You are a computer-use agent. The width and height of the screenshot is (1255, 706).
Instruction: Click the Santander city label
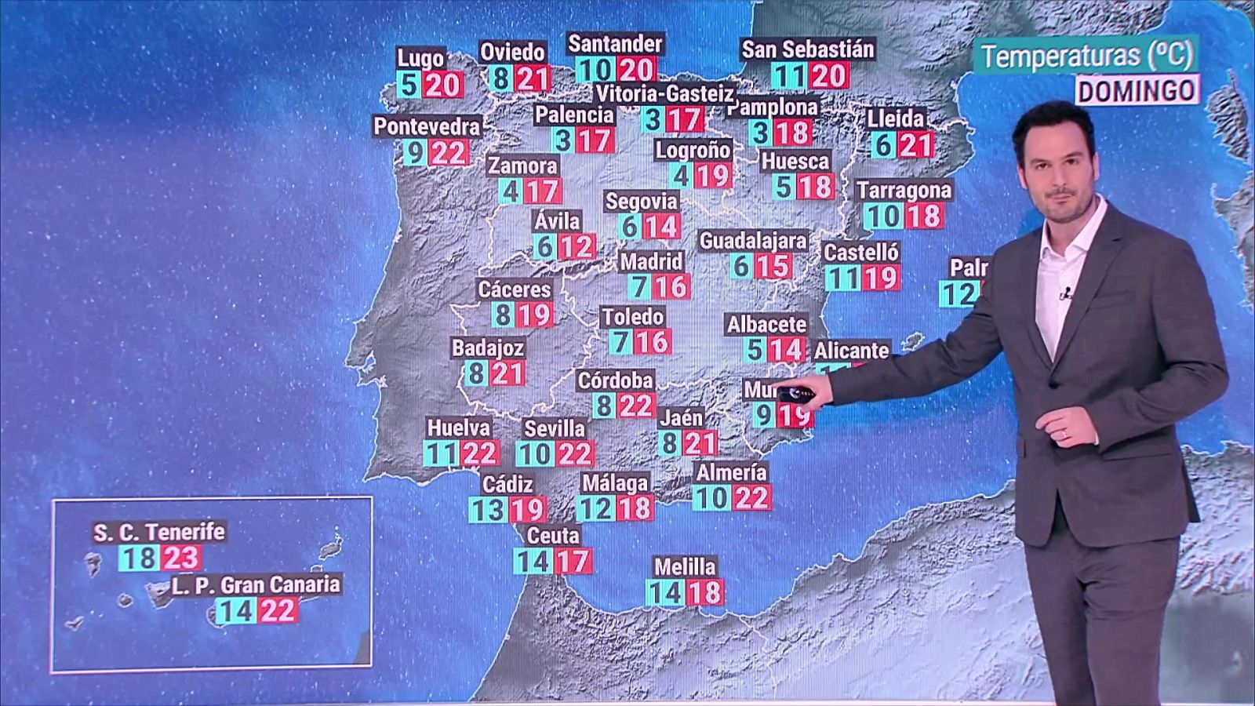coord(615,44)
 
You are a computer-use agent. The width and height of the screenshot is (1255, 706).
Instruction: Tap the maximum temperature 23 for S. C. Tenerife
coord(181,558)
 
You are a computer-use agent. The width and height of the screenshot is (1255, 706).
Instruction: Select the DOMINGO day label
coord(1136,91)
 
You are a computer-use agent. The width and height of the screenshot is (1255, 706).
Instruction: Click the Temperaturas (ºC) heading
coord(1086,56)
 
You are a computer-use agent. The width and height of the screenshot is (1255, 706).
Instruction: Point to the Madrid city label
coord(651,261)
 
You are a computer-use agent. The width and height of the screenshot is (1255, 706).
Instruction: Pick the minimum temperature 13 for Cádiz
coord(487,510)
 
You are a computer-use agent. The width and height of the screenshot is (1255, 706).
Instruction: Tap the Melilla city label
coord(685,566)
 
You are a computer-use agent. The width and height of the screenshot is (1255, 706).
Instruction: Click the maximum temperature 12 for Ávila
coord(577,247)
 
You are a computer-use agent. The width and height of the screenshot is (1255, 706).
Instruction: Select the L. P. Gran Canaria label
coord(256,584)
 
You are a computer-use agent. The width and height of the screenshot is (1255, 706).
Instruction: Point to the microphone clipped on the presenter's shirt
coord(1066,295)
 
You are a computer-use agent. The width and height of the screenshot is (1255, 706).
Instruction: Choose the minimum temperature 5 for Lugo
coord(408,84)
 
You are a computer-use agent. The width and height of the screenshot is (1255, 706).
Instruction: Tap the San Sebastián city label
coord(807,49)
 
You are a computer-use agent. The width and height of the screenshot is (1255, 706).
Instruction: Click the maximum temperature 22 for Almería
coord(751,497)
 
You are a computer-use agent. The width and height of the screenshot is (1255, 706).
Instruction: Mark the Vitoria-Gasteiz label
coord(664,94)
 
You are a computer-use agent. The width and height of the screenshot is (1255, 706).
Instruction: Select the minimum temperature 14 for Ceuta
coord(532,561)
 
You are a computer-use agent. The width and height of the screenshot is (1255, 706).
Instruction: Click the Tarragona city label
coord(904,191)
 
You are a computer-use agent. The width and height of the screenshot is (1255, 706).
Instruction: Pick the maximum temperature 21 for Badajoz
coord(507,373)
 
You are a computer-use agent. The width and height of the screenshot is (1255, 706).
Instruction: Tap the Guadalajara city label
coord(752,240)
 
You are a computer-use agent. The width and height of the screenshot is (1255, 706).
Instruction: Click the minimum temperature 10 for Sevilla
coord(534,454)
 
